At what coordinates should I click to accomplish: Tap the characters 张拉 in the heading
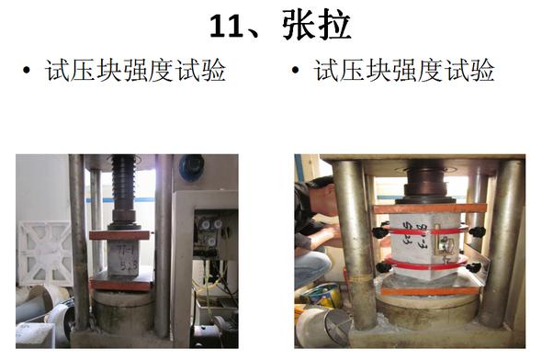pos(316,25)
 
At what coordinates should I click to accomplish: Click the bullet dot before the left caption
pos(27,70)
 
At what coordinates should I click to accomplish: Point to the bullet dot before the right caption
pos(296,70)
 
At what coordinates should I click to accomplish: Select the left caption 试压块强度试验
pos(135,70)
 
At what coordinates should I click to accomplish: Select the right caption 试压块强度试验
pos(404,70)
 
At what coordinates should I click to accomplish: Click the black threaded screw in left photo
pos(123,184)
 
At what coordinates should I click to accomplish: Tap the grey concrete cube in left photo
pos(123,257)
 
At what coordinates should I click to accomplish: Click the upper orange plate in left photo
pos(120,235)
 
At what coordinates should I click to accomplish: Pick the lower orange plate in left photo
pos(121,283)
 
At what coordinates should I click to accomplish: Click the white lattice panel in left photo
pos(45,253)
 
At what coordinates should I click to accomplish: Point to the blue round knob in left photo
pos(191,167)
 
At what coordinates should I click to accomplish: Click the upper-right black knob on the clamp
pos(477,231)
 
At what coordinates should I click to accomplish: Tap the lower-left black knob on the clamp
pos(384,267)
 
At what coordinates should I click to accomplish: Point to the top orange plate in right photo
pos(430,208)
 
